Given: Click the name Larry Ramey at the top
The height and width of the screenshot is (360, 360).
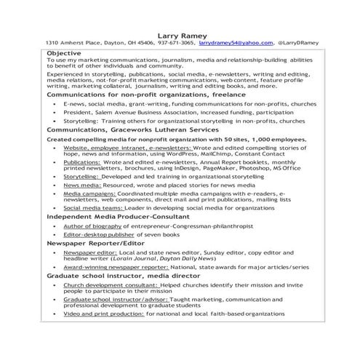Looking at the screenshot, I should click(x=180, y=34).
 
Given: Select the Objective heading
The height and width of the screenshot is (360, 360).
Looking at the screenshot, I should click(x=65, y=53).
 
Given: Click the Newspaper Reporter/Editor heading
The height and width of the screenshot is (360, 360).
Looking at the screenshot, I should click(x=90, y=243).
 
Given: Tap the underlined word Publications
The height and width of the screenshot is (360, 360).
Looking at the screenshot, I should click(x=81, y=162).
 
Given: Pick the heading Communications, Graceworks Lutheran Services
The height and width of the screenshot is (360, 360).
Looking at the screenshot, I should click(x=132, y=129).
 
